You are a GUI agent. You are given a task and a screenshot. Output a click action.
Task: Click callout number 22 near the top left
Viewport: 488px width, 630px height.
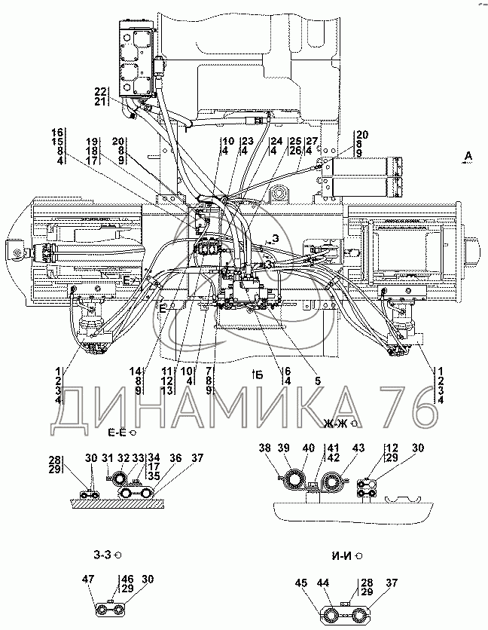click(101, 92)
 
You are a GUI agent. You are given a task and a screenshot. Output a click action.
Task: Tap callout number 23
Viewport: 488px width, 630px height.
click(247, 141)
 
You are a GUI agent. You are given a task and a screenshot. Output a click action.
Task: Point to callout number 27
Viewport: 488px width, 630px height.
click(313, 141)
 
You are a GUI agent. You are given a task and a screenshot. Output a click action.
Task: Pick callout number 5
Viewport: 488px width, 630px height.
click(317, 381)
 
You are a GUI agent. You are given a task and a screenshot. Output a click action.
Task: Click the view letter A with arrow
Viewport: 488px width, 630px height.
click(468, 157)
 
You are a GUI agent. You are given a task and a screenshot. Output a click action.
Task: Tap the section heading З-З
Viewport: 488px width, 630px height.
click(103, 556)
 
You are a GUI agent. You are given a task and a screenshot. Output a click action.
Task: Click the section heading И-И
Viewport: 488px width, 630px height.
click(341, 556)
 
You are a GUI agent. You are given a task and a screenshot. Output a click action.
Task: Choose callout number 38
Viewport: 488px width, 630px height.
click(265, 448)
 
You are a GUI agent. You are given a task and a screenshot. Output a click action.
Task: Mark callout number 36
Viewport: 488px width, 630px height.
click(175, 457)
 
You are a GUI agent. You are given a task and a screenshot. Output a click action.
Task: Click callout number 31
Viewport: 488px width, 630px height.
click(107, 457)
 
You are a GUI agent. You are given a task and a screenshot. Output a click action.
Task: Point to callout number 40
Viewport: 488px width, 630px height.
click(307, 448)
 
